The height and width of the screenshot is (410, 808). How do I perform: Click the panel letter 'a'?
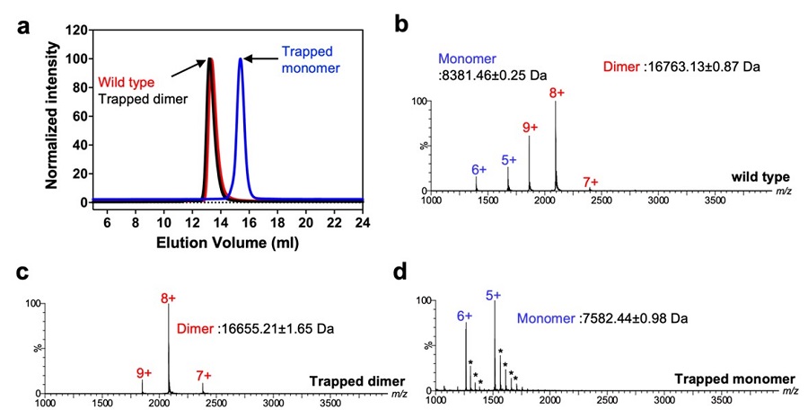point(21,24)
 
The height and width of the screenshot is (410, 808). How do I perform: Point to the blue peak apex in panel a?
point(240,59)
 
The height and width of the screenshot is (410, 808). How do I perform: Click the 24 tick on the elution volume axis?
point(362,221)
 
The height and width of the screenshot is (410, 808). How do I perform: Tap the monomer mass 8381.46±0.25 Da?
point(493,74)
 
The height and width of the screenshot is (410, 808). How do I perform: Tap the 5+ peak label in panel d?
point(493,295)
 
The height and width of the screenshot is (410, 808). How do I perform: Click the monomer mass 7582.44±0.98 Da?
point(602,318)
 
